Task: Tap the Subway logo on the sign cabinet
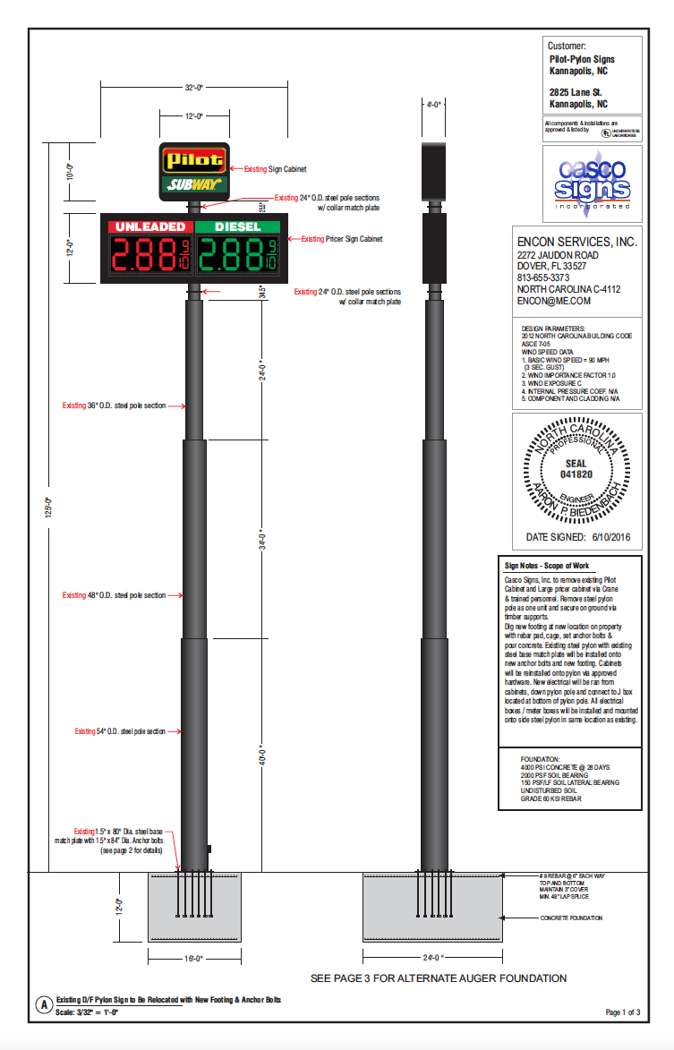[x=194, y=185]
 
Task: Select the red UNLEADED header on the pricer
[x=149, y=226]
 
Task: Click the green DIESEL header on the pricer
[x=238, y=226]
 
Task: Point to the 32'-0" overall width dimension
[x=194, y=88]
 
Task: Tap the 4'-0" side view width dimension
[x=434, y=105]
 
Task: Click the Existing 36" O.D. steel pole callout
[x=114, y=405]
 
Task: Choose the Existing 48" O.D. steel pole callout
[x=114, y=595]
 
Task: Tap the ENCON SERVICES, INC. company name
[x=576, y=242]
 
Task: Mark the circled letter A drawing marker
[x=42, y=1004]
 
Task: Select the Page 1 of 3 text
[x=623, y=1012]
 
